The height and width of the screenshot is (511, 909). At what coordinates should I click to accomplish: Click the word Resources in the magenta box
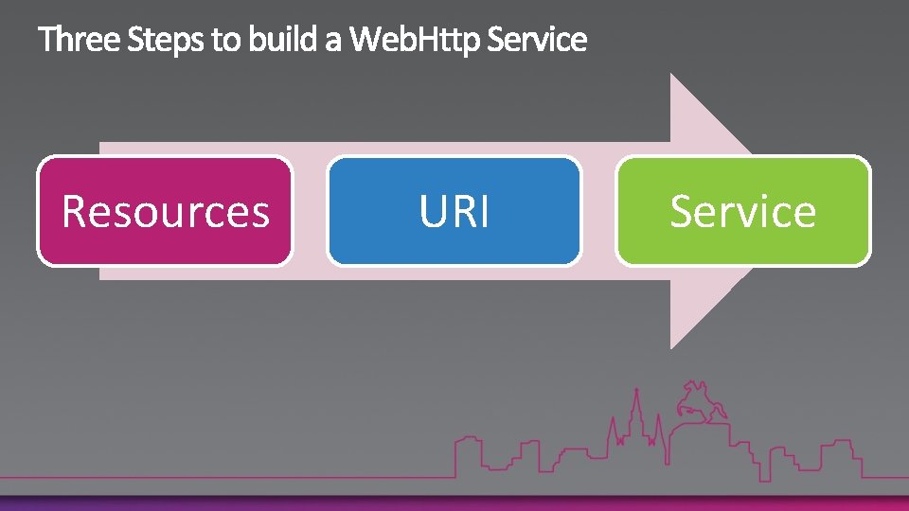(x=166, y=211)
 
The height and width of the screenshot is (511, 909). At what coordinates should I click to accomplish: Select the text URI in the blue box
(x=454, y=211)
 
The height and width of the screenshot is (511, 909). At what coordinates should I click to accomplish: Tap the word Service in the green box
(x=743, y=211)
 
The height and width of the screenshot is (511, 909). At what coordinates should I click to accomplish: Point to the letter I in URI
(x=484, y=211)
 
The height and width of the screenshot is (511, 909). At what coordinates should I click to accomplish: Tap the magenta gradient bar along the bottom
(x=454, y=503)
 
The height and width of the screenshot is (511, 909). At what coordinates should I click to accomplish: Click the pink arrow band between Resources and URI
(x=310, y=211)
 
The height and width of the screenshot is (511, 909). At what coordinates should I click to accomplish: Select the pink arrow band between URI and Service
(x=598, y=211)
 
